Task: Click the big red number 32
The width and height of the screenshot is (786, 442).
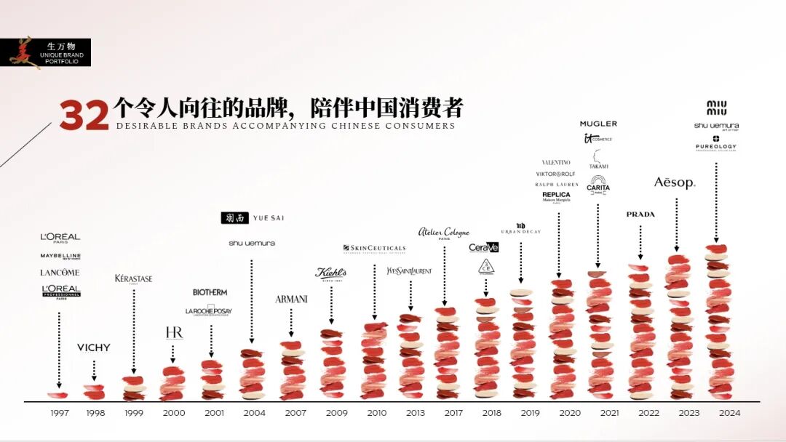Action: tap(84, 116)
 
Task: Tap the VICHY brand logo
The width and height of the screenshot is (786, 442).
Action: tap(94, 347)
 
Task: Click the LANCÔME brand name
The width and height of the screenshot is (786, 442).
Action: tap(60, 273)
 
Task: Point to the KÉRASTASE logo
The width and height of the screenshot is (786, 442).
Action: tap(134, 278)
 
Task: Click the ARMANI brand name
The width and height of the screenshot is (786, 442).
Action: tap(291, 300)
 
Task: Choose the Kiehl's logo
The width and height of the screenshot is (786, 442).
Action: tap(330, 273)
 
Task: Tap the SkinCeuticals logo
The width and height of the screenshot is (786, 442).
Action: tap(374, 249)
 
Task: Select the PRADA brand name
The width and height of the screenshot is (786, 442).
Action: tap(640, 214)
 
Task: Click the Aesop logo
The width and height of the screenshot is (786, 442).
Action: tap(675, 182)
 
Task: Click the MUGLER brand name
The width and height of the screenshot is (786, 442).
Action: tap(598, 124)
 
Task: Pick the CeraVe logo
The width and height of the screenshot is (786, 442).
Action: tap(484, 247)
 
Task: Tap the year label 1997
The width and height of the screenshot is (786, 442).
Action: tap(60, 413)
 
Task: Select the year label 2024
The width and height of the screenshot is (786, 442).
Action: tap(729, 413)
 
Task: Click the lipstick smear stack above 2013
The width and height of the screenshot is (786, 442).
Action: tap(410, 356)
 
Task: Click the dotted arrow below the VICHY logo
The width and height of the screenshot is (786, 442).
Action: tap(94, 370)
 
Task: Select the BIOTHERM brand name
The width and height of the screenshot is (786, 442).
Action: tap(210, 292)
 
